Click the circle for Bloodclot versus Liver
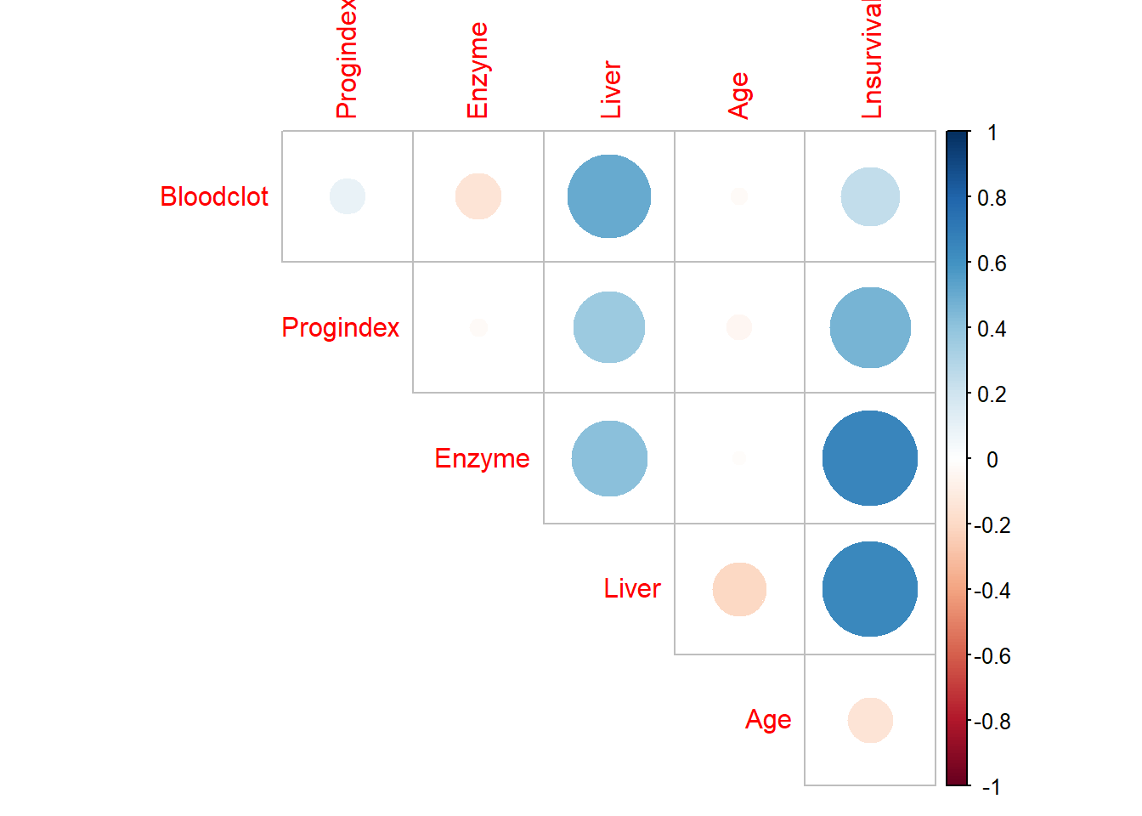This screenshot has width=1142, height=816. point(609,196)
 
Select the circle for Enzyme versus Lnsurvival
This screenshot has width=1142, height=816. point(870,458)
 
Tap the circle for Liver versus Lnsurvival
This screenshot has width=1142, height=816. point(870,589)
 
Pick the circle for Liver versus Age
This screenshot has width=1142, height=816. point(739,589)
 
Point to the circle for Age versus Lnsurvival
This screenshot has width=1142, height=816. point(870,720)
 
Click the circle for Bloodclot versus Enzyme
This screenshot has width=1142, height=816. point(478,196)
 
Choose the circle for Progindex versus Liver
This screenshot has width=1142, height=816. point(609,327)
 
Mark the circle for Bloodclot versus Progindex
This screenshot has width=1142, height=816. point(348,196)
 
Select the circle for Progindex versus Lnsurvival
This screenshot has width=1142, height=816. point(870,327)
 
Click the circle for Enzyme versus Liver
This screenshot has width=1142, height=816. point(609,458)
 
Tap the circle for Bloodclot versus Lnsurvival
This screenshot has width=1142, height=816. point(870,196)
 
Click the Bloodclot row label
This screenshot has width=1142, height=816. point(214,196)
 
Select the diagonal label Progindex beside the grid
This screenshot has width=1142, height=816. point(340,327)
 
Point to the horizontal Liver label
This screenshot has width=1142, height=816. point(632,588)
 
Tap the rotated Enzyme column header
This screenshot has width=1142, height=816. point(478,71)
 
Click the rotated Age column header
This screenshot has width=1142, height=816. point(739,95)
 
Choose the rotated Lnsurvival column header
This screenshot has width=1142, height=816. point(872,59)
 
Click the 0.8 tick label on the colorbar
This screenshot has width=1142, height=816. point(992,198)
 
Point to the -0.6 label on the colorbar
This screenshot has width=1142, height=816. point(992,656)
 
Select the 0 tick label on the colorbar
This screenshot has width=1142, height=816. point(992,460)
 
